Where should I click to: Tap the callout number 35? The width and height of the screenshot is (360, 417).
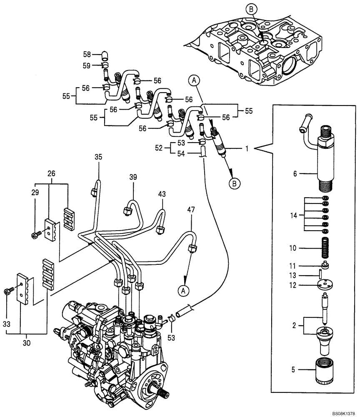[x=98, y=158]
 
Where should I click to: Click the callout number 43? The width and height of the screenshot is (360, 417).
[x=162, y=194]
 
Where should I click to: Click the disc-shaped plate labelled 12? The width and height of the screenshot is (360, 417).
[x=325, y=285]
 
